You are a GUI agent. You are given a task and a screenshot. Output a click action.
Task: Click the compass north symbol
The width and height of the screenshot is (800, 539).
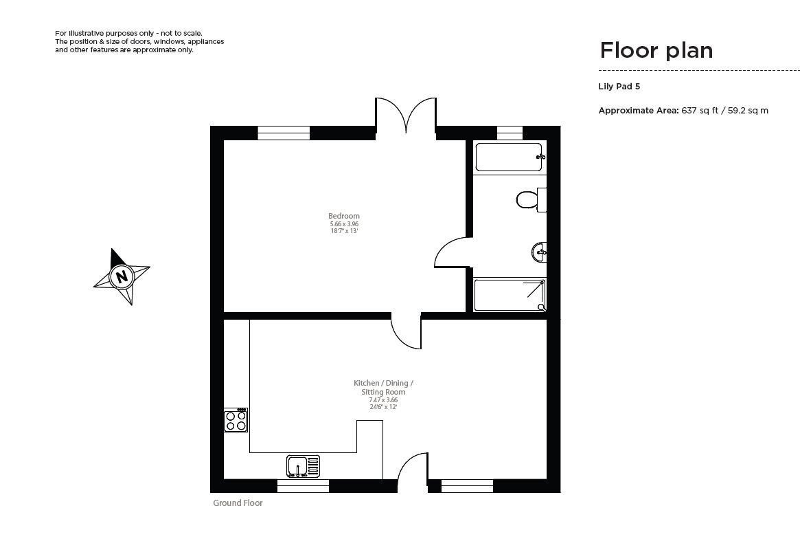(122, 277)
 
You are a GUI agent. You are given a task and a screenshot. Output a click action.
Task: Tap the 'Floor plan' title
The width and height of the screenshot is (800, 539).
(656, 50)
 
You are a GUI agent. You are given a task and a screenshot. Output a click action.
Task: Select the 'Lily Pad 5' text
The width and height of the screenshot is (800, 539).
(619, 87)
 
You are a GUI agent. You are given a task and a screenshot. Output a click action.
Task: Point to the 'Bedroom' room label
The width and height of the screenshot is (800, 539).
(344, 216)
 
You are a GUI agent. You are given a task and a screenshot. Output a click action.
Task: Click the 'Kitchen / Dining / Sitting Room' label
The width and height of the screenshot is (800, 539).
(383, 387)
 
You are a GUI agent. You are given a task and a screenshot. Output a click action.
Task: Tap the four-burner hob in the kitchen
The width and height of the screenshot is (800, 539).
(236, 420)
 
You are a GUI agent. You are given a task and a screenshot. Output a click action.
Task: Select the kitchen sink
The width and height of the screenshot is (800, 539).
(303, 466)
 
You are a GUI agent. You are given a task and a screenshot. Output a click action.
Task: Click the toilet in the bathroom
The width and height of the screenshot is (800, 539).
(529, 200)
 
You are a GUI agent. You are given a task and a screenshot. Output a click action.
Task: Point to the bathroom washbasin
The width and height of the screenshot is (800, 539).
(538, 252)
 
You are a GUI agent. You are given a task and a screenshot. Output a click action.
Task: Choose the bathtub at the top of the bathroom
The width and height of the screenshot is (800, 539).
(509, 157)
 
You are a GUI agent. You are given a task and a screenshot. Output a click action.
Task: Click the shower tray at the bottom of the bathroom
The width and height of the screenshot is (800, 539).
(510, 295)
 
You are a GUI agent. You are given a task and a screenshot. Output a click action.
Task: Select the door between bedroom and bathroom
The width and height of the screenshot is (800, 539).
(451, 252)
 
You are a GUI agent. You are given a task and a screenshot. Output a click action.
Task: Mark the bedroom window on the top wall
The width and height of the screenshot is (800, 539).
(284, 133)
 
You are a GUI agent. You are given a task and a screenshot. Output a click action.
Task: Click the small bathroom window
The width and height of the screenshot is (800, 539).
(509, 133)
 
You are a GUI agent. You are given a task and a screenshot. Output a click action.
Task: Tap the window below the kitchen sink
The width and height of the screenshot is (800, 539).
(303, 486)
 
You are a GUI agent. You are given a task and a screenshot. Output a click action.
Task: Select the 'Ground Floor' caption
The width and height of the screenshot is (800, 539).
(238, 503)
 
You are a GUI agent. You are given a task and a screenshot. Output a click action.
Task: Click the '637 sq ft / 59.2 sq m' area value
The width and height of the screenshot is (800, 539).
(724, 110)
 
